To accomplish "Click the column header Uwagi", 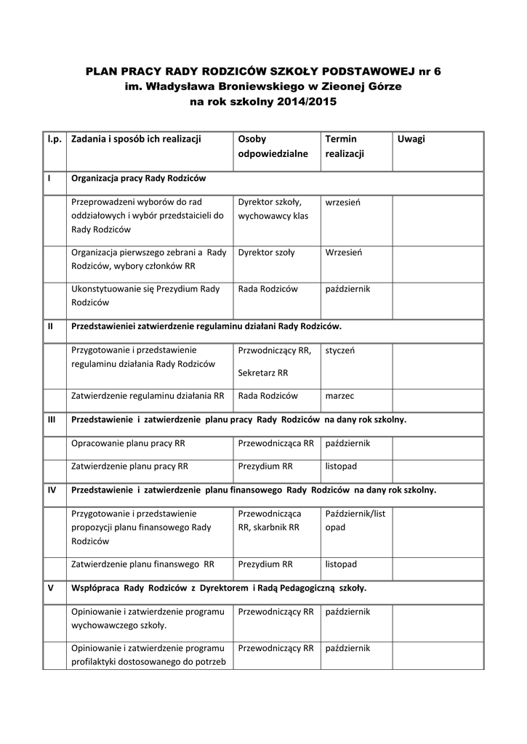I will pyautogui.click(x=411, y=139).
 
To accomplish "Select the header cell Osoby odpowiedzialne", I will pyautogui.click(x=273, y=146).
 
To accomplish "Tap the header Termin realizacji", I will pyautogui.click(x=345, y=146).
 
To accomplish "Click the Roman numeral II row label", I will pyautogui.click(x=49, y=326).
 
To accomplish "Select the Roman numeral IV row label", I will pyautogui.click(x=52, y=490).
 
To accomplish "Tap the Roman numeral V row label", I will pyautogui.click(x=49, y=588).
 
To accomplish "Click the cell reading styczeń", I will pyautogui.click(x=340, y=349).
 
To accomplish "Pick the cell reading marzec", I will pyautogui.click(x=339, y=396).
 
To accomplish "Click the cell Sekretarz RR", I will pyautogui.click(x=262, y=373).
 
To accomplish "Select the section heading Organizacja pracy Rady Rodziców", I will pyautogui.click(x=138, y=178).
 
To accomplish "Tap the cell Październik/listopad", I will pyautogui.click(x=355, y=520).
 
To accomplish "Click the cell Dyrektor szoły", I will pyautogui.click(x=266, y=252).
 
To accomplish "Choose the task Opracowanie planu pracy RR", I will pyautogui.click(x=128, y=442).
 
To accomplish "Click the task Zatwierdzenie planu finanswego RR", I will pyautogui.click(x=142, y=563).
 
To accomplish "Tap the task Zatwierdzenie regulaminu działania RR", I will pyautogui.click(x=148, y=396).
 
